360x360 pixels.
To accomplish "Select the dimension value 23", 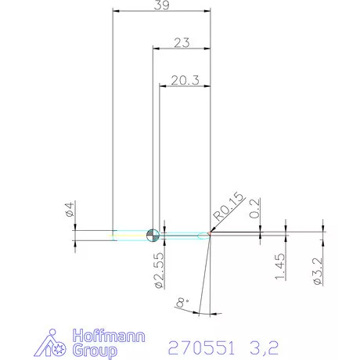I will pyautogui.click(x=182, y=44).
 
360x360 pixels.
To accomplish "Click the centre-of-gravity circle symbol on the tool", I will pyautogui.click(x=153, y=234).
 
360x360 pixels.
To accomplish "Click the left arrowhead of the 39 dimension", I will pyautogui.click(x=117, y=12).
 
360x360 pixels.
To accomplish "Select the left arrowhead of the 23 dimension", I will pyautogui.click(x=154, y=49).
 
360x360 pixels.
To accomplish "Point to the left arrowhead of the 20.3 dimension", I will pyautogui.click(x=162, y=84).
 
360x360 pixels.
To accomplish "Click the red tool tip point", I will pyautogui.click(x=210, y=234).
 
